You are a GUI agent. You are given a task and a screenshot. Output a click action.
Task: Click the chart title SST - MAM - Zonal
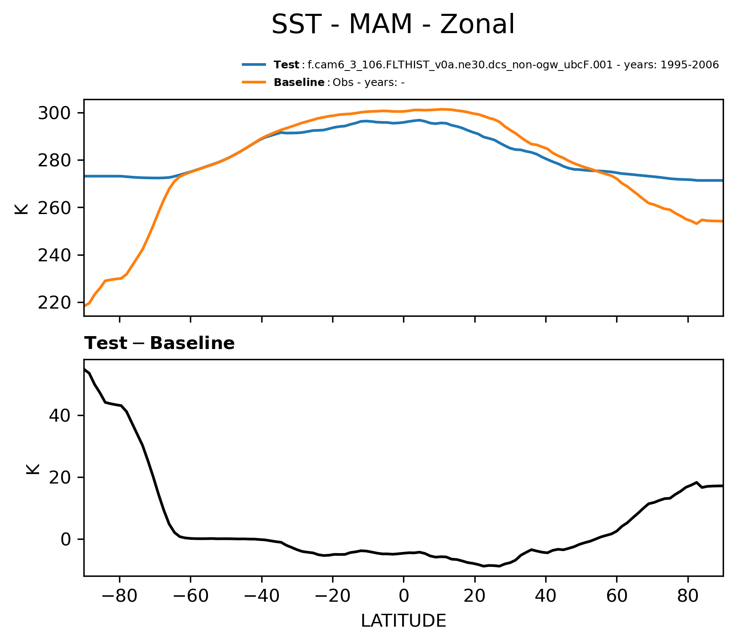click(393, 24)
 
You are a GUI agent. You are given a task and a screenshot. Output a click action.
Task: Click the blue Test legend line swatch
click(254, 65)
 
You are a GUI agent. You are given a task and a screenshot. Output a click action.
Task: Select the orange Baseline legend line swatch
click(254, 82)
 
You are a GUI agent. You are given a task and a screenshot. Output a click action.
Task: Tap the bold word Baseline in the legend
click(299, 83)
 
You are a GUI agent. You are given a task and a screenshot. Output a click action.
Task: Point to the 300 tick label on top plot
click(54, 113)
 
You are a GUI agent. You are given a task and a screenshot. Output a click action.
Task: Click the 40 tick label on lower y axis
click(60, 416)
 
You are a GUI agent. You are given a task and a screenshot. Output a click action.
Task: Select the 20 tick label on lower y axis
click(60, 478)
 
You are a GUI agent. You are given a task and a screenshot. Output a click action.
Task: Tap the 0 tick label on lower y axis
click(66, 540)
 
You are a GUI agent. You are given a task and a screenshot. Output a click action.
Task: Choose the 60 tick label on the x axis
click(617, 596)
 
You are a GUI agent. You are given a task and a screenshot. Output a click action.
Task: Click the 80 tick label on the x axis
click(688, 596)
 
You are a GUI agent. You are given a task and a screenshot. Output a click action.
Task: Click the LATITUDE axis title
click(403, 621)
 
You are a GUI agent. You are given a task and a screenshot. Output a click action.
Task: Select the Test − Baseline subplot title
click(159, 344)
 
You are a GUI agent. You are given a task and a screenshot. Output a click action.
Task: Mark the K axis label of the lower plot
click(33, 468)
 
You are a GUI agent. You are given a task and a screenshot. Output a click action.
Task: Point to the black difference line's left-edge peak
click(85, 369)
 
